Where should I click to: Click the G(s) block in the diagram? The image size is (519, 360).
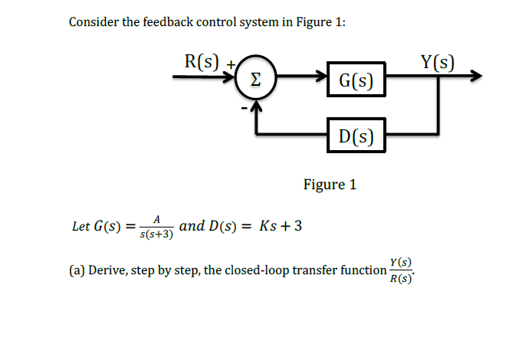click(x=355, y=79)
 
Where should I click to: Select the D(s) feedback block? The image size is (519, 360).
click(x=355, y=136)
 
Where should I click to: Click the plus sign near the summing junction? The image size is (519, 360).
click(x=228, y=67)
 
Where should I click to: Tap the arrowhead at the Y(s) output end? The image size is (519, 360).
click(x=477, y=77)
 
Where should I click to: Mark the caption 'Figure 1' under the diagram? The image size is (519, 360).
click(x=330, y=185)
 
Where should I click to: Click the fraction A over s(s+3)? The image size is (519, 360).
click(x=157, y=227)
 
